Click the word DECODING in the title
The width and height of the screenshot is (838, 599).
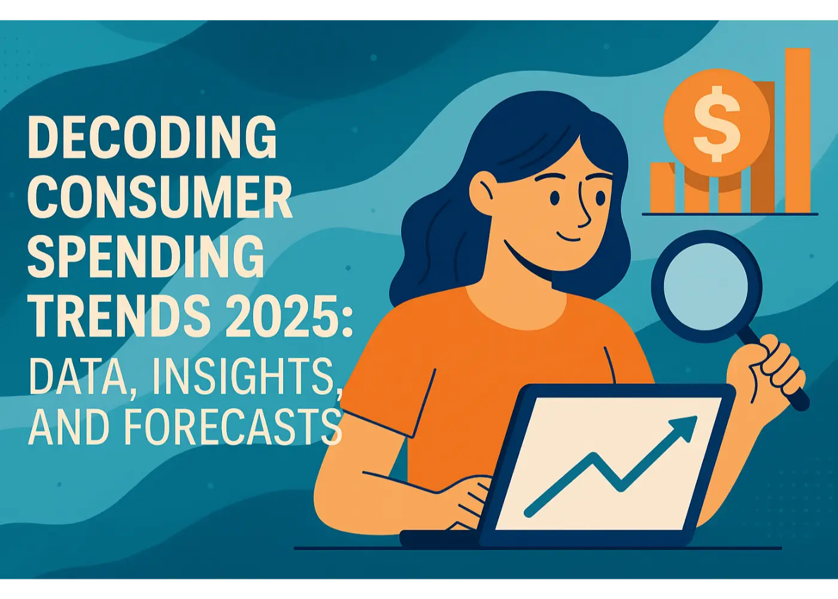(x=152, y=137)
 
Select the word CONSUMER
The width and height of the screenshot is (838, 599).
(x=160, y=197)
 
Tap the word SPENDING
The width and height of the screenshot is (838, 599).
(x=145, y=256)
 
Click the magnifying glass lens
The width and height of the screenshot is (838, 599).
(x=706, y=286)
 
